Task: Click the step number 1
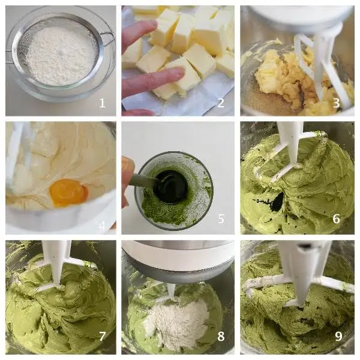coord(102,103)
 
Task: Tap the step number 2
coord(221,103)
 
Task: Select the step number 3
coord(337,103)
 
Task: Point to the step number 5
coord(221,219)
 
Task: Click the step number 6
coord(337,219)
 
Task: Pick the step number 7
coord(102,337)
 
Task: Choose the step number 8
coord(221,337)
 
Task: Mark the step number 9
coord(338,337)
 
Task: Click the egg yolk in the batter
coord(68,193)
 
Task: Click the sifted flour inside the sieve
coord(60,55)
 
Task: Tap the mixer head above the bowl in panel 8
coord(178,262)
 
